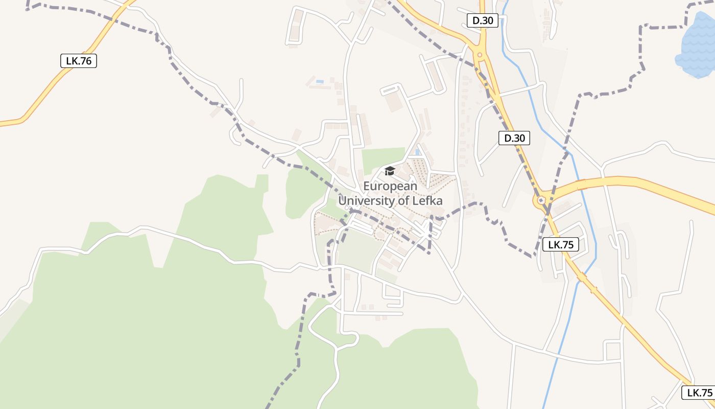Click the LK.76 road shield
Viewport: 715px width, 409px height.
[79, 61]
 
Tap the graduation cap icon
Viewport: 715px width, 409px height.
[390, 171]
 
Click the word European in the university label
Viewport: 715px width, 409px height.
[390, 186]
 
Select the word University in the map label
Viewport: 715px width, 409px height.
[367, 200]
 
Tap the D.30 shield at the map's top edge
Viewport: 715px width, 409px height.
[482, 20]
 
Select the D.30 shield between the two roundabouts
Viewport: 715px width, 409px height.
[514, 138]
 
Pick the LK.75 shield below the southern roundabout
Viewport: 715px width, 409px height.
[561, 244]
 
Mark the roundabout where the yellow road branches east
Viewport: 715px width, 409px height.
[540, 201]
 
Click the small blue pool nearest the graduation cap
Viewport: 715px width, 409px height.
[418, 152]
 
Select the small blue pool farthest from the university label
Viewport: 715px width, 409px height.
[320, 81]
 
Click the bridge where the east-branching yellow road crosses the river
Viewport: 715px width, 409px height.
[580, 185]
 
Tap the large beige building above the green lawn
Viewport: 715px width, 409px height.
[394, 102]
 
